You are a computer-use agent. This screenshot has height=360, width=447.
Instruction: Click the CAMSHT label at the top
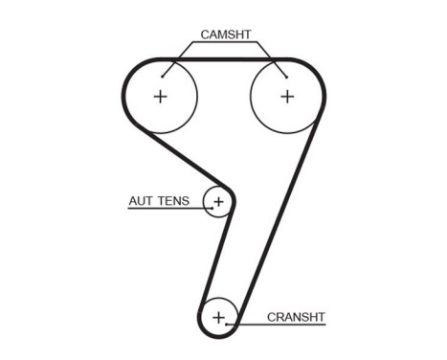click(x=225, y=34)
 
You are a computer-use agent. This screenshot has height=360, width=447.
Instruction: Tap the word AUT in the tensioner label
click(x=141, y=201)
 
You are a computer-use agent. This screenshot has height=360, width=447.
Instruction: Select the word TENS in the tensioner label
click(x=173, y=201)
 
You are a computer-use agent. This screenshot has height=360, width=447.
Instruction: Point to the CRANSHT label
click(x=297, y=316)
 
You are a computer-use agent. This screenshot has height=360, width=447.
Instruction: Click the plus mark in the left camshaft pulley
click(x=160, y=96)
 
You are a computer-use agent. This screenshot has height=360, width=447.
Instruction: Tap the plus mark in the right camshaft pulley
click(x=286, y=96)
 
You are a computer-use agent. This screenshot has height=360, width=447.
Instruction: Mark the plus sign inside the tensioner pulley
click(x=218, y=201)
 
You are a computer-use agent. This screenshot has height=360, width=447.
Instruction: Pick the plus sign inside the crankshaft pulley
click(x=219, y=316)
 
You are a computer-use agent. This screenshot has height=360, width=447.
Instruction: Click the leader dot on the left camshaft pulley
click(x=163, y=75)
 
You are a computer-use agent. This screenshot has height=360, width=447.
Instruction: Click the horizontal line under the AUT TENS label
click(x=163, y=209)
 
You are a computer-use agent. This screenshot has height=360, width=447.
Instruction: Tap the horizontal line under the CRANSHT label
click(x=282, y=324)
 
